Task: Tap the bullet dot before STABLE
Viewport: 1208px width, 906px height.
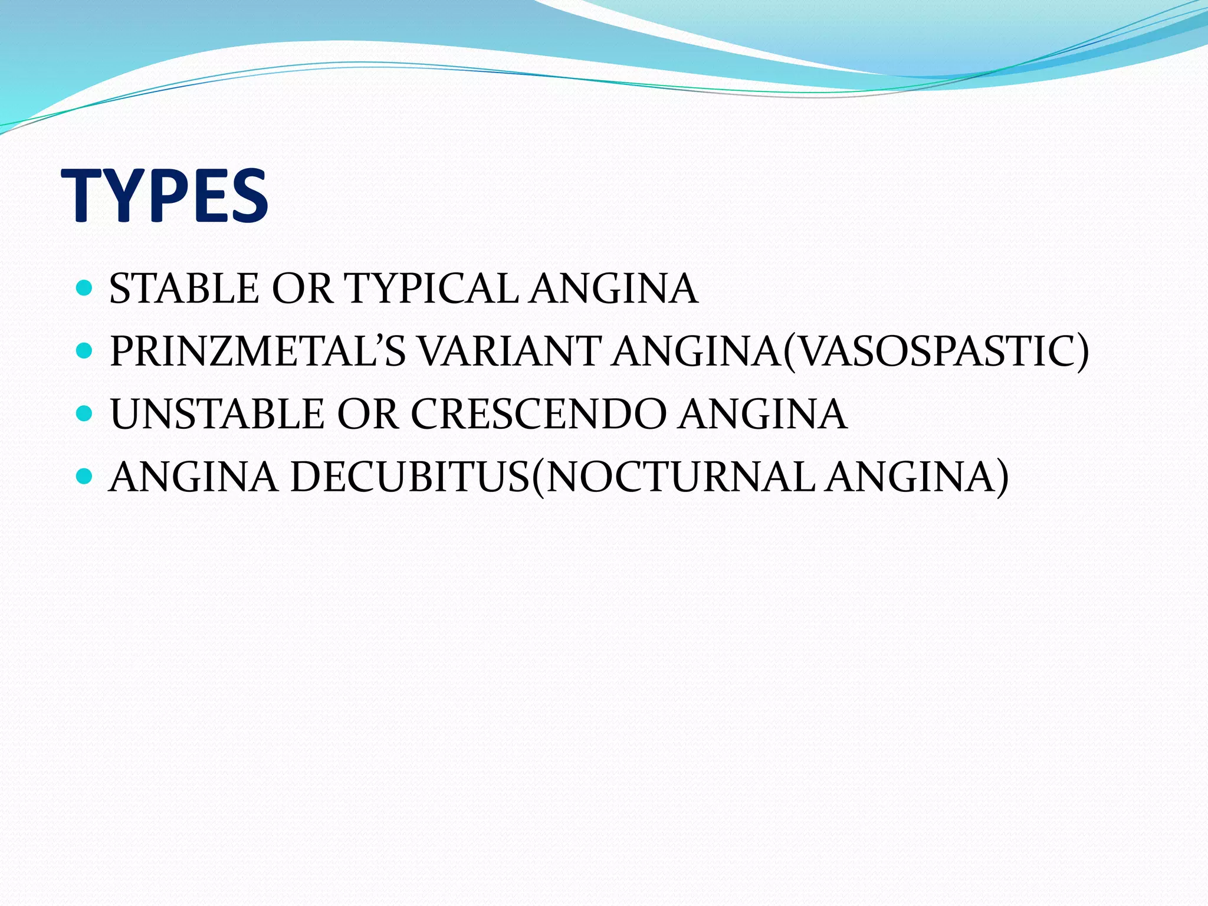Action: coord(85,288)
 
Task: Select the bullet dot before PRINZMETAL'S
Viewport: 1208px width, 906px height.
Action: coord(85,351)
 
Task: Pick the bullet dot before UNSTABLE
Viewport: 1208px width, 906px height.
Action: coord(85,413)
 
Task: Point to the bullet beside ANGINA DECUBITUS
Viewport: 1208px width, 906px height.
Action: coord(85,475)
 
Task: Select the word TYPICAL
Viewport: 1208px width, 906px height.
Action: coord(431,289)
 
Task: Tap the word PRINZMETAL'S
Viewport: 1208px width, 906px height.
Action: coord(258,352)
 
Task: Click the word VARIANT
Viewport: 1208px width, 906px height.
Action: coord(511,352)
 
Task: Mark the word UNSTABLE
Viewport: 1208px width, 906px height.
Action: coord(217,414)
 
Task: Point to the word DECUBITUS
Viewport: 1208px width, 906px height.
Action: coord(409,477)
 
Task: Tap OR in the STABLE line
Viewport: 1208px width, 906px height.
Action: coord(302,289)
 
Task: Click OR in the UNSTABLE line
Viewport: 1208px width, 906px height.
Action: coord(367,414)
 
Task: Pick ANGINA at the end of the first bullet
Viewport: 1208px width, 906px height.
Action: coord(613,289)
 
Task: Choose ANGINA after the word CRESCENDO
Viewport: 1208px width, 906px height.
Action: coord(762,414)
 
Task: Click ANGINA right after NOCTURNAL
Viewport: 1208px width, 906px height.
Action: coord(911,477)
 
